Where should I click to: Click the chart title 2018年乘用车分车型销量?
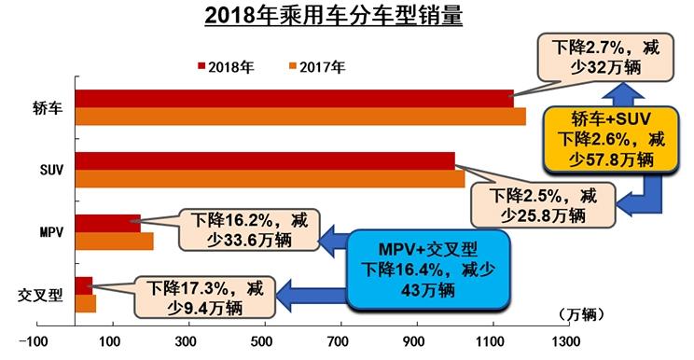346,17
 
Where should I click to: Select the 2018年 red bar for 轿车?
294,98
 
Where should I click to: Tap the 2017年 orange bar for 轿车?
298,116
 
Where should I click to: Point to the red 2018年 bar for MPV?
107,224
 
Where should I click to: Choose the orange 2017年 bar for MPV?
114,242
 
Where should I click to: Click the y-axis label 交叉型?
41,296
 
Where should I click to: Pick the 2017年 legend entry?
316,66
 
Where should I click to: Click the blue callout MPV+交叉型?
430,270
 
